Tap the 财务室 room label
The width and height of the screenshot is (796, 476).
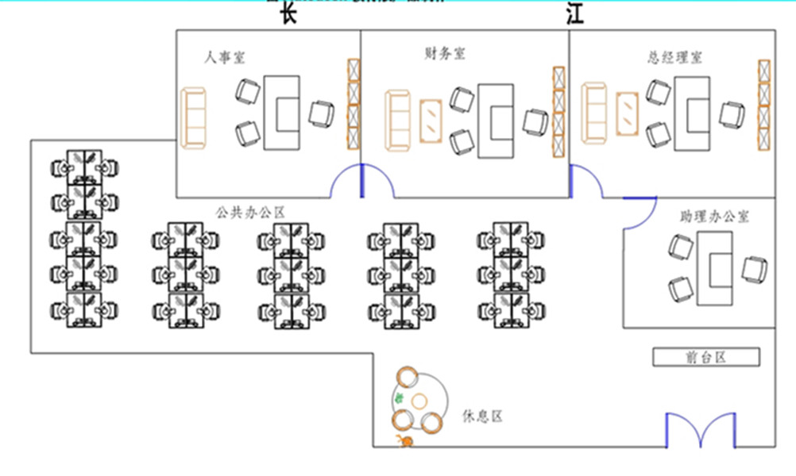pos(445,54)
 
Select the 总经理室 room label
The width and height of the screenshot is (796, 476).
pos(674,57)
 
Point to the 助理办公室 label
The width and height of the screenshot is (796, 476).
pos(714,216)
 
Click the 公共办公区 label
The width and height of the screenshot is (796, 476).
pos(250,212)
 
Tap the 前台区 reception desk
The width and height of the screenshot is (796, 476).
pos(706,357)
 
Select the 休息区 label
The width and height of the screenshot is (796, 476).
pos(482,416)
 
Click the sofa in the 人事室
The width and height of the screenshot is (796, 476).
pos(193,117)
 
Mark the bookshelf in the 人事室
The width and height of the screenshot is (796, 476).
pos(353,104)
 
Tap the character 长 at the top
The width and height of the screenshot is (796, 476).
pos(288,14)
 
